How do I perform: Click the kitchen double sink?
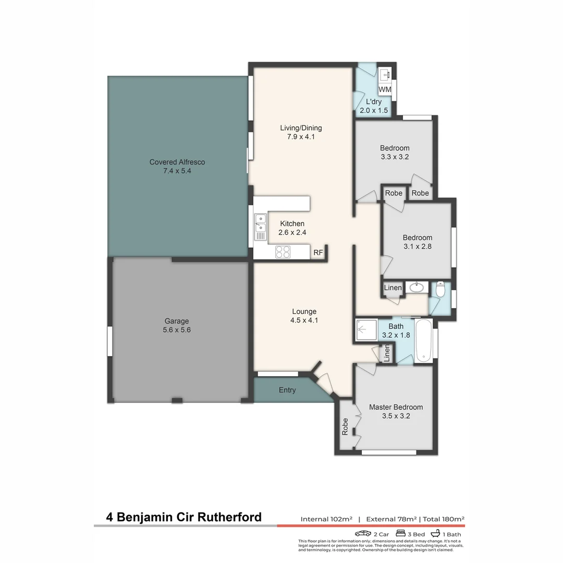click(x=260, y=227)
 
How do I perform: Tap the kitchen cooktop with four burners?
click(x=283, y=252)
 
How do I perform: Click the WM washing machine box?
click(x=385, y=90)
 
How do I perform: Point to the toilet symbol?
click(x=440, y=289)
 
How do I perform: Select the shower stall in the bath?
click(x=366, y=330)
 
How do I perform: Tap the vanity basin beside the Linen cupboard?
click(x=417, y=287)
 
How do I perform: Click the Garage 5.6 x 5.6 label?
click(x=177, y=325)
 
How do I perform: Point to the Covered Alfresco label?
click(x=177, y=166)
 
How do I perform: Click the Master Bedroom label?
click(x=396, y=411)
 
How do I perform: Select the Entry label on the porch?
click(x=287, y=390)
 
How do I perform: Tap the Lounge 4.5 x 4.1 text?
click(x=304, y=316)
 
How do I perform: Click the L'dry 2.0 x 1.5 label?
click(x=374, y=106)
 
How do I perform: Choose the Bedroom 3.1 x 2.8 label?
click(x=417, y=242)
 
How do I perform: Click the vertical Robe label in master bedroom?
click(x=345, y=427)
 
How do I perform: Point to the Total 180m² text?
click(x=443, y=519)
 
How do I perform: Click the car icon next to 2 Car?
click(x=363, y=534)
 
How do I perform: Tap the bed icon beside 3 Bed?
click(x=401, y=534)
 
